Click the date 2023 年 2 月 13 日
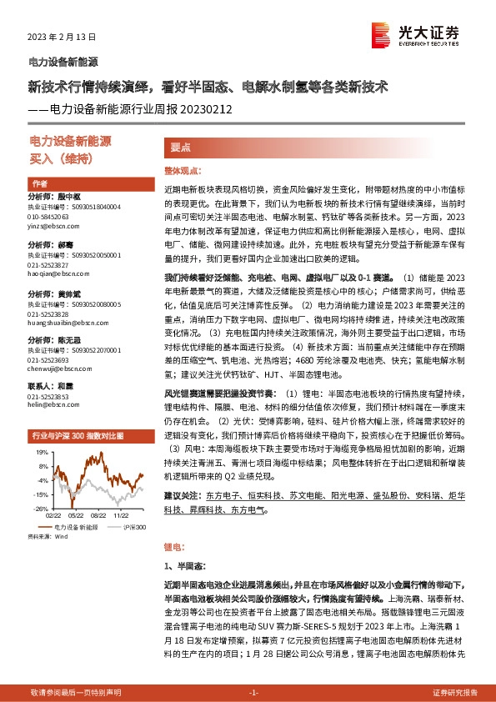coord(63,38)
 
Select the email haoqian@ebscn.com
coord(54,273)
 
